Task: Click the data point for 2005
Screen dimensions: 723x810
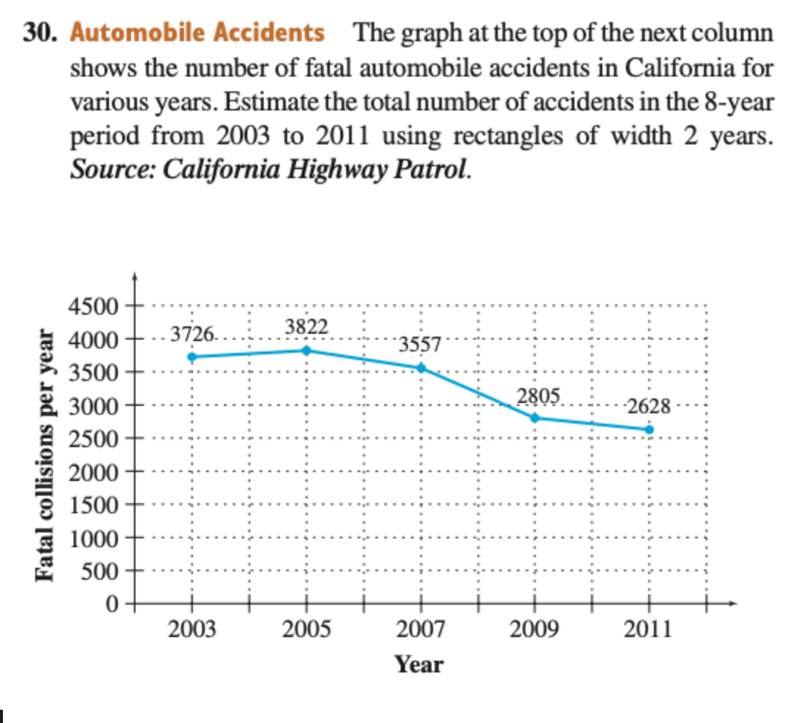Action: pos(306,350)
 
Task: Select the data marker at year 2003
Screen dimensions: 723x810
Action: pos(192,357)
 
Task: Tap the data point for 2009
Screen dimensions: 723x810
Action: pos(535,418)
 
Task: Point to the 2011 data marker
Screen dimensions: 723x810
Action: pos(649,429)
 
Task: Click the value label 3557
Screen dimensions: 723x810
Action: pos(420,345)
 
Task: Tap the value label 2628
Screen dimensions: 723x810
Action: pos(649,406)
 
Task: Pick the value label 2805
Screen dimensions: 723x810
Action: pos(538,395)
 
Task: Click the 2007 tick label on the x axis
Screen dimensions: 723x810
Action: pos(420,630)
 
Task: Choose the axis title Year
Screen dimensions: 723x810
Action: pos(419,665)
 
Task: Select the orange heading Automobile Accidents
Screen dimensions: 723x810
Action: pos(197,33)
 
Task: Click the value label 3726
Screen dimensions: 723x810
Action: pos(192,335)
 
